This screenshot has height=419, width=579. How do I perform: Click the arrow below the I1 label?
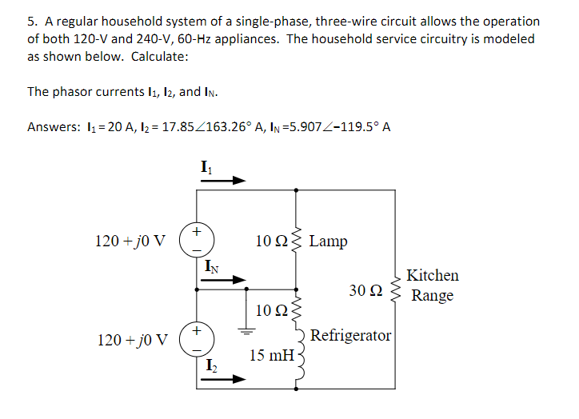222,181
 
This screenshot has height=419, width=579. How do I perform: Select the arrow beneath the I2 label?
222,380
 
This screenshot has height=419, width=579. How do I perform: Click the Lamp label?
328,241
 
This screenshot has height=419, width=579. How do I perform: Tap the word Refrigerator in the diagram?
351,335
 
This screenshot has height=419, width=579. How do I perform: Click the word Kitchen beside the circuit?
433,275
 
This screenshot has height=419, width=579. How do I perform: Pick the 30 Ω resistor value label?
365,289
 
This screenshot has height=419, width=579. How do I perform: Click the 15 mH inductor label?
270,353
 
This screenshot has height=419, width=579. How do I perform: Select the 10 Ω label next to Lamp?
271,241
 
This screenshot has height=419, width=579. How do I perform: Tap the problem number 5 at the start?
30,22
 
